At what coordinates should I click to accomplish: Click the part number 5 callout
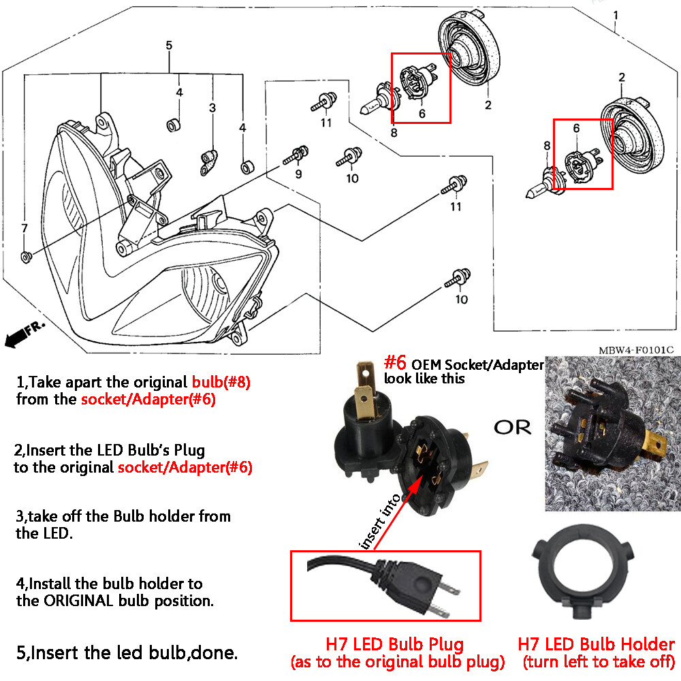coord(169,46)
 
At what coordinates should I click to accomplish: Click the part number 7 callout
coord(25,227)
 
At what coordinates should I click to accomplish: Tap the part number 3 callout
coord(212,108)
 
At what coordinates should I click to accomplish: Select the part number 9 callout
coord(298,175)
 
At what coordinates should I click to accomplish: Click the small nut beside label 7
coord(25,257)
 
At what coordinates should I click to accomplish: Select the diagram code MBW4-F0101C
coord(636,350)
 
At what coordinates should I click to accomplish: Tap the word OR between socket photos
coord(512,428)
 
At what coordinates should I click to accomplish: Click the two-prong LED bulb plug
coord(409,586)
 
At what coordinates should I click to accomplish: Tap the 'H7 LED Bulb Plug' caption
coord(394,644)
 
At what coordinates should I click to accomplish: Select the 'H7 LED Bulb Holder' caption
coord(597,644)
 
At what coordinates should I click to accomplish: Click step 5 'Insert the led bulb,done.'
coord(127,653)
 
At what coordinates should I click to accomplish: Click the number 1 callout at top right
coord(616,14)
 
